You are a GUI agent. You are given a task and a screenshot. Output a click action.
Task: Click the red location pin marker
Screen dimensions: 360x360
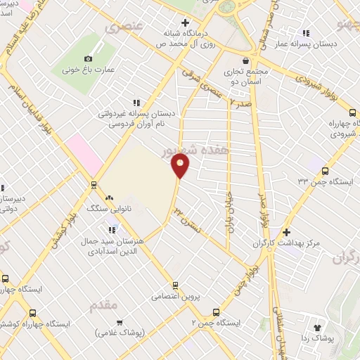[x=181, y=165]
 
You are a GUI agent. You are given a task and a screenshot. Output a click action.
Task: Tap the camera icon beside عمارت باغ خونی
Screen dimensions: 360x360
[x=88, y=58]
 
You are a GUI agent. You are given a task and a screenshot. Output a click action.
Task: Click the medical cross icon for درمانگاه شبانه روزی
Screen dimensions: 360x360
[x=185, y=23]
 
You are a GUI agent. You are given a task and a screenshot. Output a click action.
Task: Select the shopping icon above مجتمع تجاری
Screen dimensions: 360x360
[x=245, y=61]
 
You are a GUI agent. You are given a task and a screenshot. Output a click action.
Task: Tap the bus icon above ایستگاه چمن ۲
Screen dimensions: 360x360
[x=216, y=312]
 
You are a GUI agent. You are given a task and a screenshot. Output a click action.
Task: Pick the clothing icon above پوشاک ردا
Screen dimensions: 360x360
[x=317, y=327]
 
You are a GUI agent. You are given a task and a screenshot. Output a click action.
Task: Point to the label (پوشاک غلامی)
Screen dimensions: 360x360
[x=120, y=332]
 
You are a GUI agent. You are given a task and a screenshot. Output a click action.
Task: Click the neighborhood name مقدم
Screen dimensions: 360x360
[x=105, y=306]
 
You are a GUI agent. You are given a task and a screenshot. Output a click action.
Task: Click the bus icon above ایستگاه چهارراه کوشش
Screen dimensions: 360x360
[x=32, y=312]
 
